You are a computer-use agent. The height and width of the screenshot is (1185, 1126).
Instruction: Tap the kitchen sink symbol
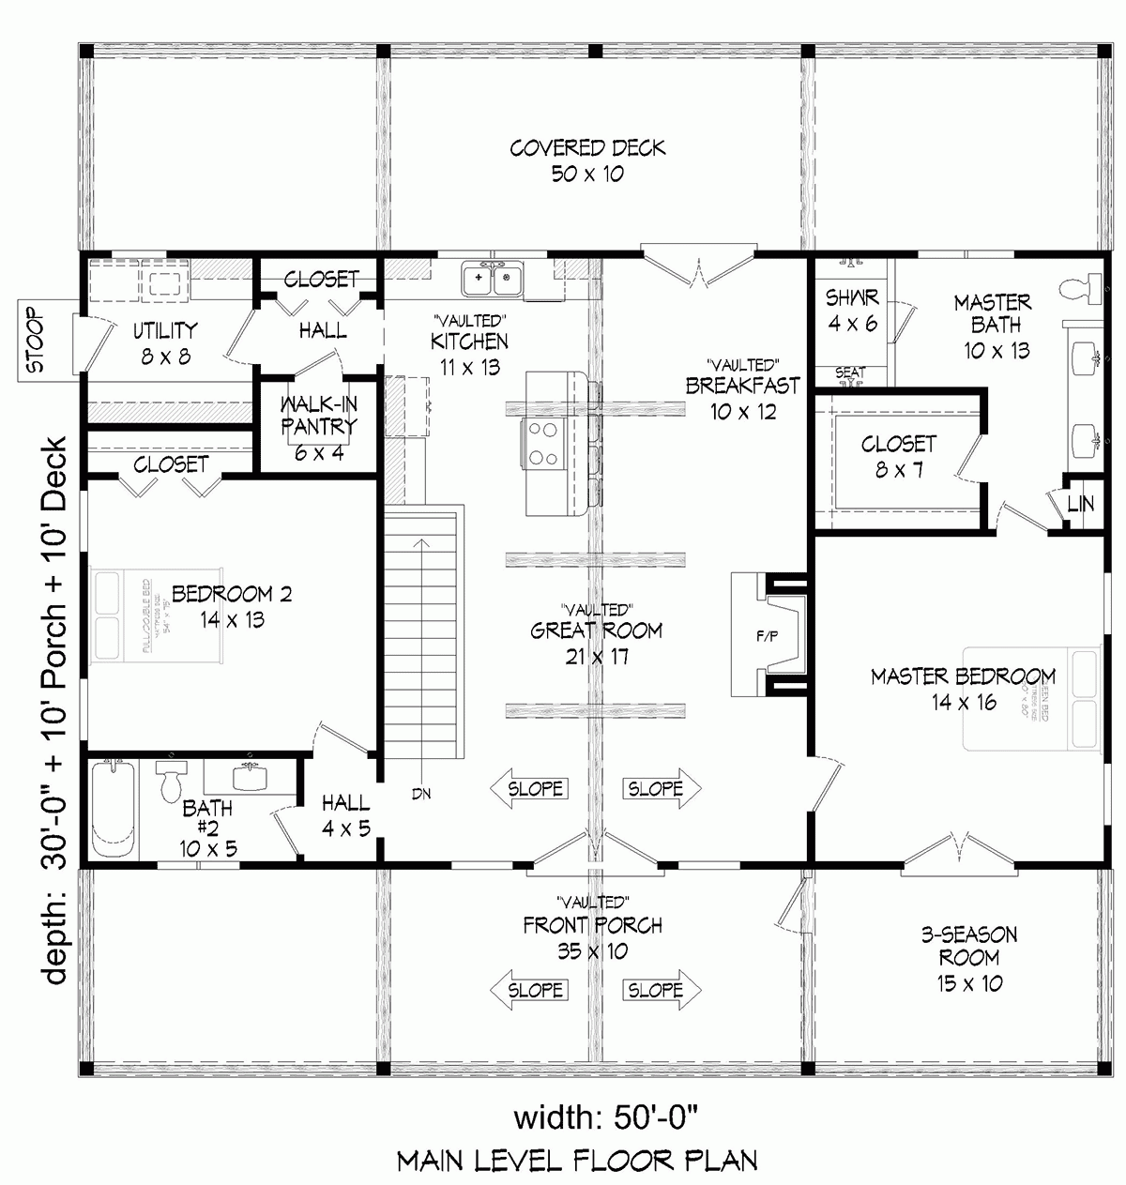(x=494, y=279)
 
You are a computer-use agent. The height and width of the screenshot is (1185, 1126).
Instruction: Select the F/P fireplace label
(x=767, y=637)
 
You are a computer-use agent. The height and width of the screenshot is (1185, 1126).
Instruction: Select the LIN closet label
(x=1080, y=504)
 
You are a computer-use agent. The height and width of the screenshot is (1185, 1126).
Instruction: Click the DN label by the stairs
(x=420, y=794)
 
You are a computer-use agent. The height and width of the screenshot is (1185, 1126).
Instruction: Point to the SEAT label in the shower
(x=850, y=373)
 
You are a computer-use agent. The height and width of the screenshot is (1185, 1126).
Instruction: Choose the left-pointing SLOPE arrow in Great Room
(x=530, y=789)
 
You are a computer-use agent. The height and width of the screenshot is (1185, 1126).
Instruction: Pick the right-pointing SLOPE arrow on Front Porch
(x=661, y=990)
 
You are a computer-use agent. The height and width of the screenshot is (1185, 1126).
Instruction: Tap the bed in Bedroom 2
(x=154, y=616)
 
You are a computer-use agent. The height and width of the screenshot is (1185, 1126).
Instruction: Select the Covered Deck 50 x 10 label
(x=587, y=160)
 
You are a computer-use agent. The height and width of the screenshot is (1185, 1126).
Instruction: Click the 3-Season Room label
(x=968, y=958)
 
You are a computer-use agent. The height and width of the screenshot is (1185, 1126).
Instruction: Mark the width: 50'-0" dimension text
(x=606, y=1117)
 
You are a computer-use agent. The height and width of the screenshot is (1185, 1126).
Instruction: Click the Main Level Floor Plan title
(x=577, y=1161)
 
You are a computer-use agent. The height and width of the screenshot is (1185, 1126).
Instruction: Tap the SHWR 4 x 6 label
(x=852, y=310)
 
